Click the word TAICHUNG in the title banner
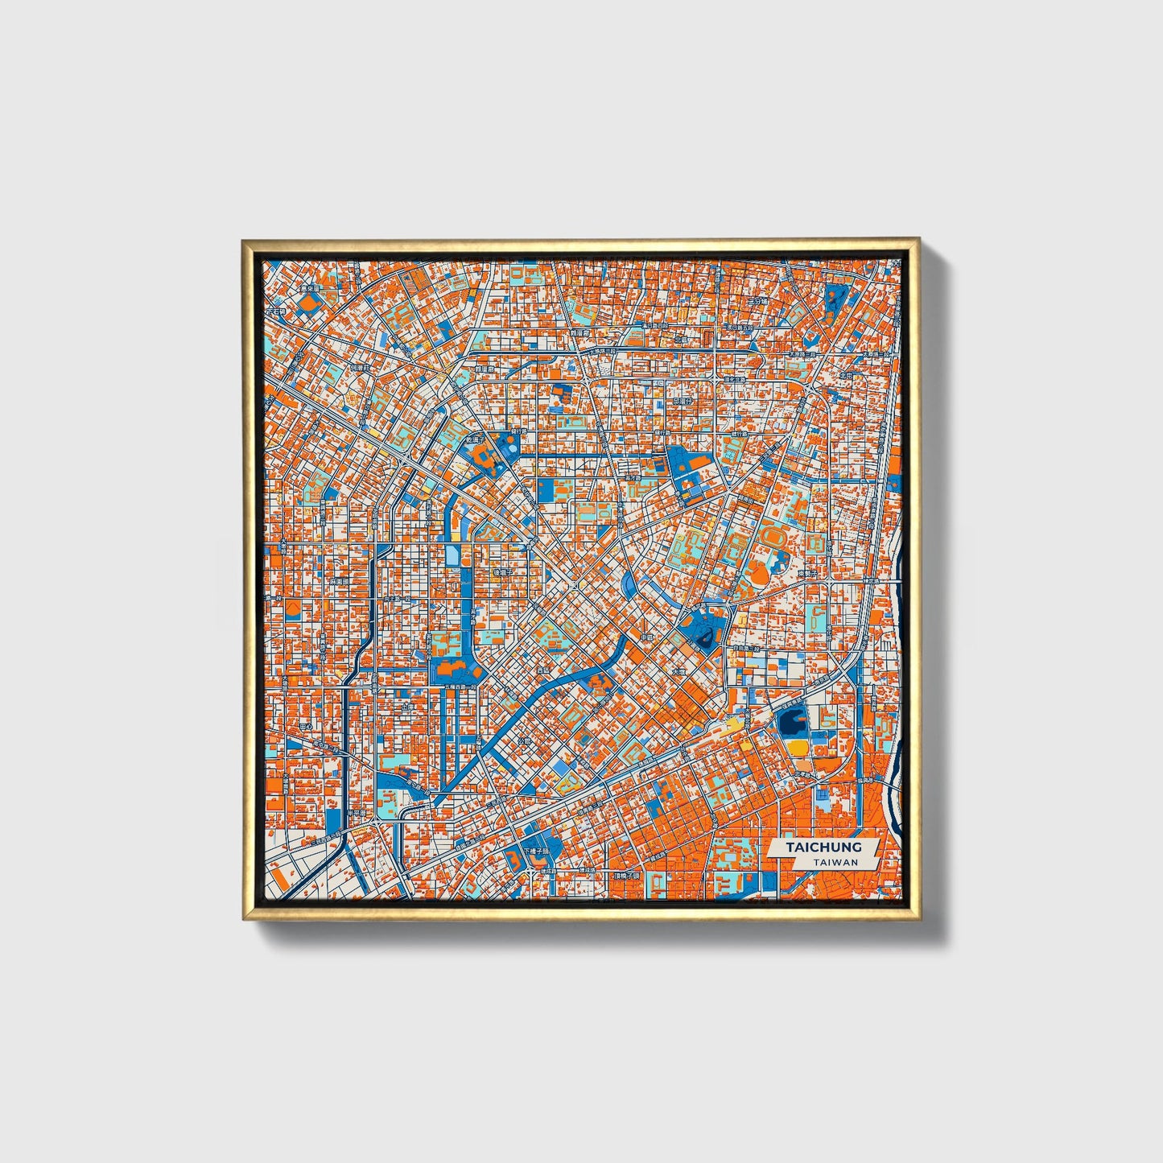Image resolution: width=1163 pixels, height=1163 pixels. coord(824,848)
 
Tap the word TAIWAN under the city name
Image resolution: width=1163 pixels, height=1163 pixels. coord(835,862)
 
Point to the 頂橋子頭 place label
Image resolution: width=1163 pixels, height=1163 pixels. coord(625,875)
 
